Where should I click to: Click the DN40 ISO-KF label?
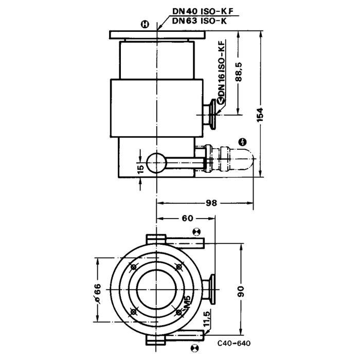203,11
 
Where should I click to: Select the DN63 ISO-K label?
200,21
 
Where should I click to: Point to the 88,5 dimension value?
239,71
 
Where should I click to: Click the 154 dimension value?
260,114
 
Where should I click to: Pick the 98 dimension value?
211,203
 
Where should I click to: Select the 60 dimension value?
188,218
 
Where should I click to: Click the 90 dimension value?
241,292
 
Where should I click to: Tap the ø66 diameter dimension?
98,294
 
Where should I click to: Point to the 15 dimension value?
141,169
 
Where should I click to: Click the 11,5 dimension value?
207,319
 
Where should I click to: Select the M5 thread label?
187,302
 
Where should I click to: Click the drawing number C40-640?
234,344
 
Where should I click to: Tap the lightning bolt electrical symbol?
242,142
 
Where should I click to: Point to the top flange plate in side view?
157,34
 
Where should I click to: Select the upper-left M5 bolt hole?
133,267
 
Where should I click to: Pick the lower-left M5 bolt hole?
133,312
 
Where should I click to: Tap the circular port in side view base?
156,163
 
